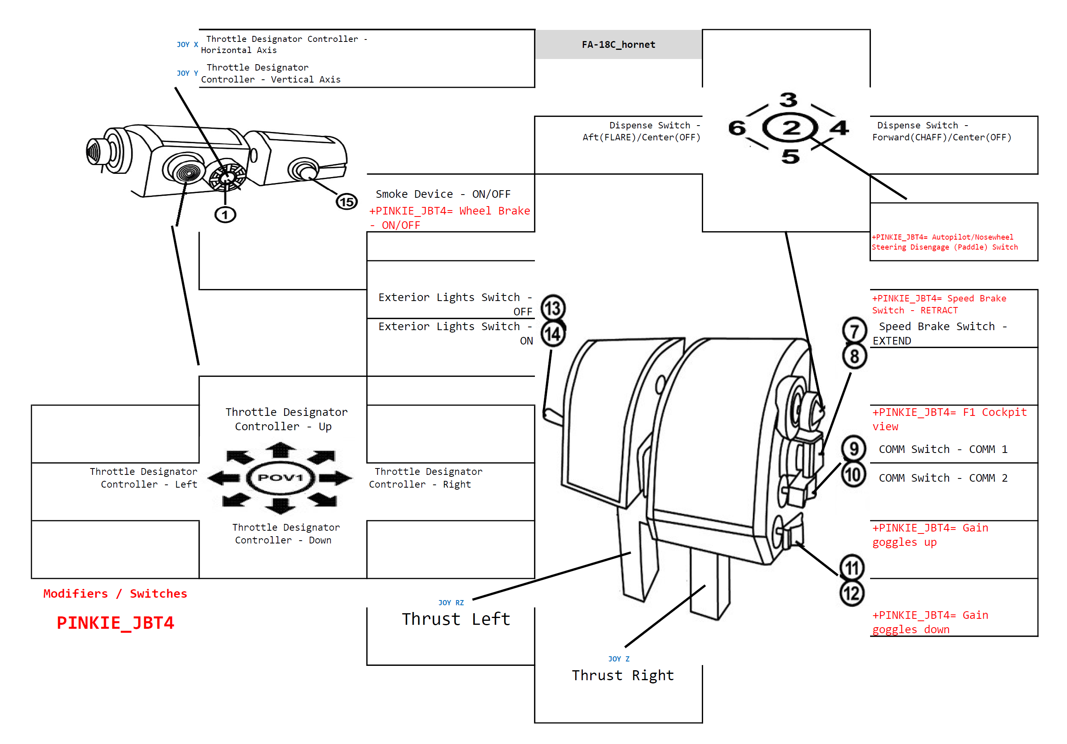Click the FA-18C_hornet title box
618,45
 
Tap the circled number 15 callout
347,202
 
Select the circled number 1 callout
225,215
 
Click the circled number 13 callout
553,308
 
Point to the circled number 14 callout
553,334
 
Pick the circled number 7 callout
854,331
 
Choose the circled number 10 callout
853,475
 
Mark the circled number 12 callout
852,593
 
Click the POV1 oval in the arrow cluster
280,478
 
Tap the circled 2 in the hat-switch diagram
790,128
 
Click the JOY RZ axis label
451,602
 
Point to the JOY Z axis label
619,659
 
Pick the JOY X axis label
187,45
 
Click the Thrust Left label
456,619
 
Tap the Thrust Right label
623,675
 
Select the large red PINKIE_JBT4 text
115,623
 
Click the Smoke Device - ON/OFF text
443,194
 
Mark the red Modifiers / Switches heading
115,594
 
